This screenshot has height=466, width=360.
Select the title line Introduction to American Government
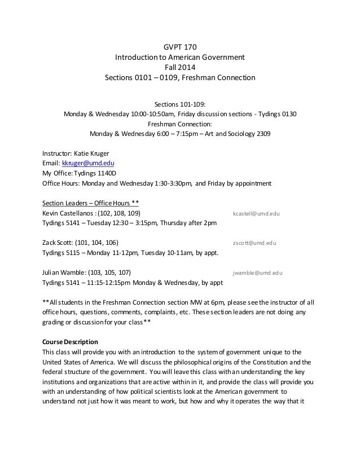180,56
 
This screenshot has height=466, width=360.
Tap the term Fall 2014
180,67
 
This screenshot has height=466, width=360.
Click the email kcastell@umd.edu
257,214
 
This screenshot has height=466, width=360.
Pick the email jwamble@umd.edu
258,272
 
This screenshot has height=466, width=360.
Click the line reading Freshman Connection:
180,124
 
